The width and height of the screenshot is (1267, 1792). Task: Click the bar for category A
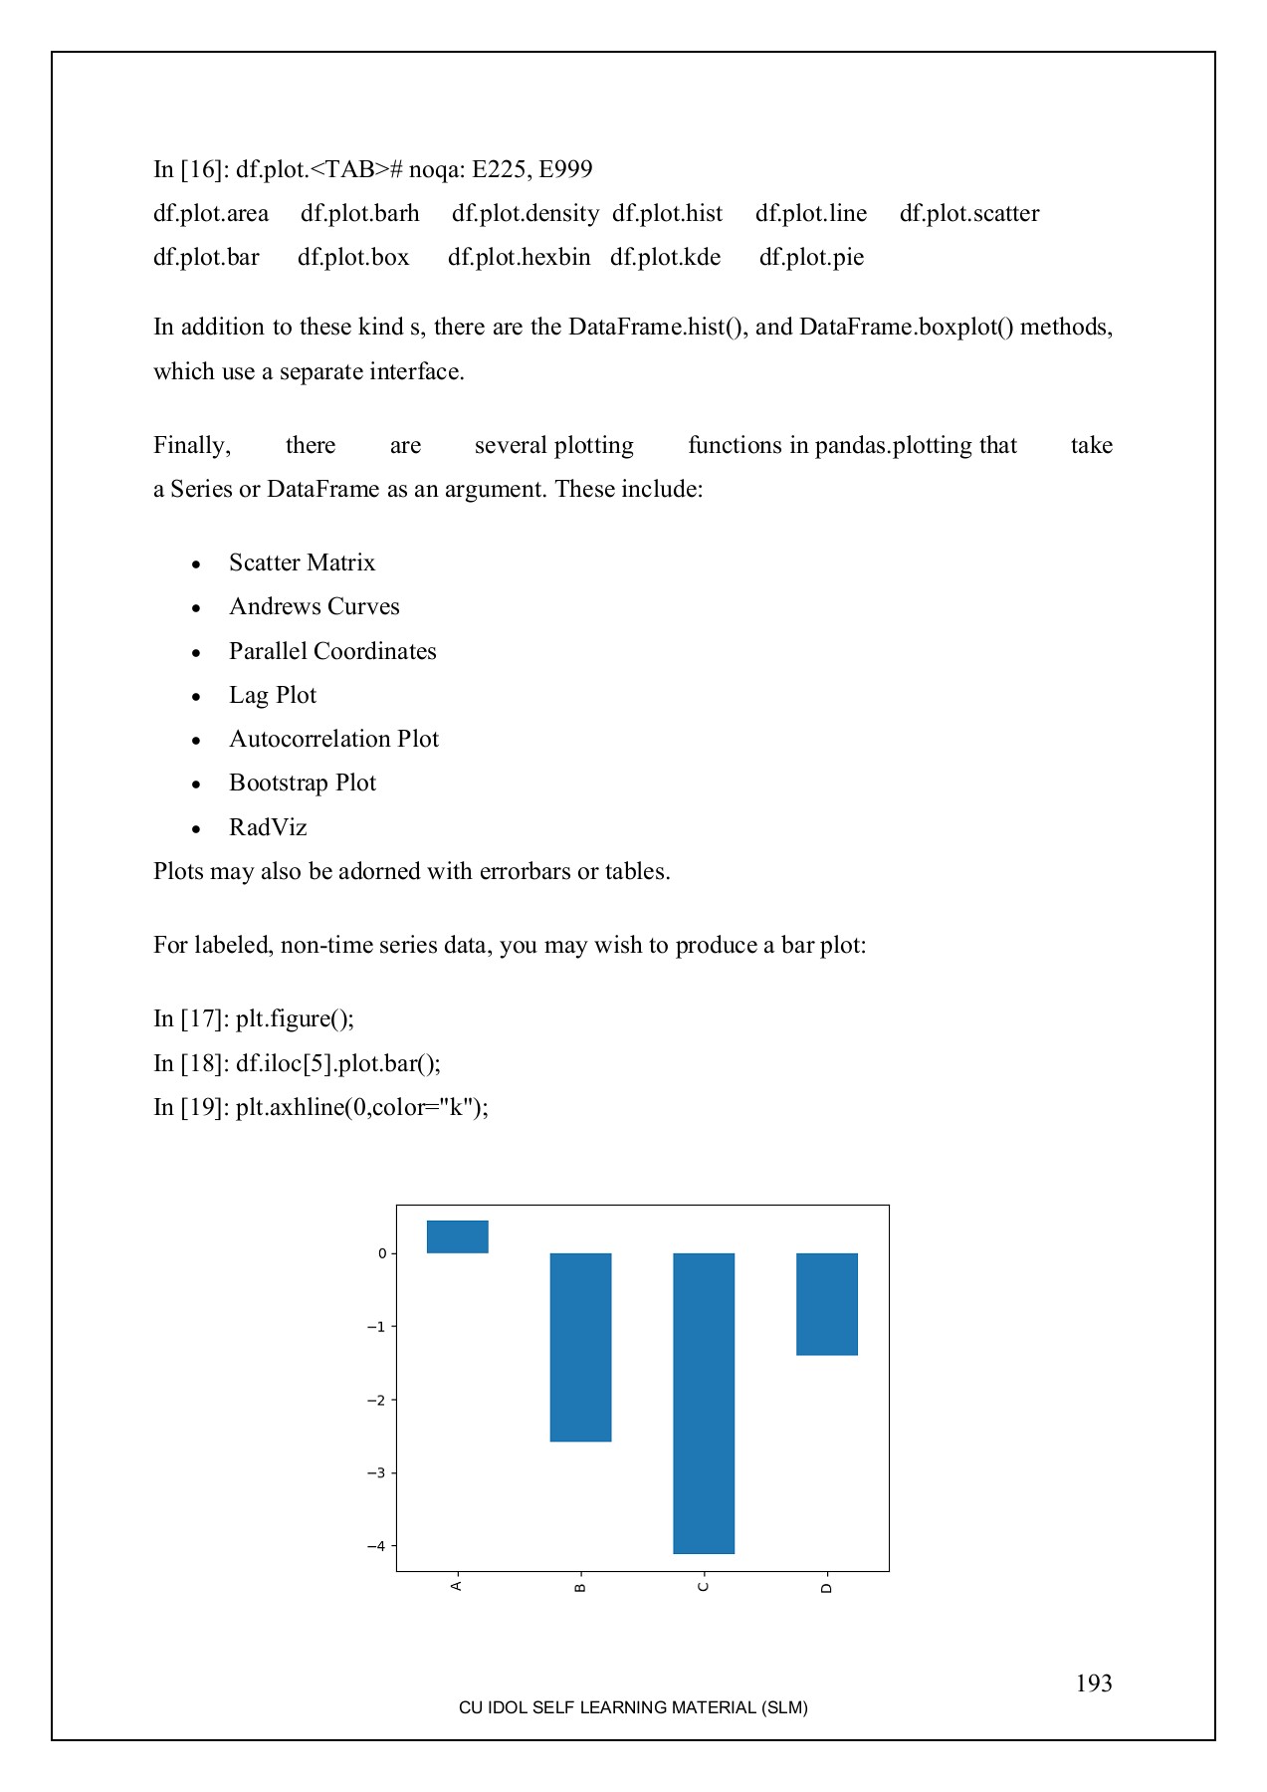(458, 1236)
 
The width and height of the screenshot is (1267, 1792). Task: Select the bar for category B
(580, 1346)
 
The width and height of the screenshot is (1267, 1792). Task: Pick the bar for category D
(827, 1303)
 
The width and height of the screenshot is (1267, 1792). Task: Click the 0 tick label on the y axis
(381, 1253)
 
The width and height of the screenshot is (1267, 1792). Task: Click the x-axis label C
(704, 1586)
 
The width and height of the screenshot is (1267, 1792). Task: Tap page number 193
(1093, 1683)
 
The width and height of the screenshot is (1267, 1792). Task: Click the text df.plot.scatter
(968, 213)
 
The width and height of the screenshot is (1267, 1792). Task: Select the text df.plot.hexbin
(519, 257)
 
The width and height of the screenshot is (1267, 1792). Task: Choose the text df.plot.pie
(811, 257)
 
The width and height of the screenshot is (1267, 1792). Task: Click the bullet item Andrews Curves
(314, 606)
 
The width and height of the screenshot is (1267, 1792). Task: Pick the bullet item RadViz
(268, 827)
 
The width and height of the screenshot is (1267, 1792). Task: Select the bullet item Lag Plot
(272, 695)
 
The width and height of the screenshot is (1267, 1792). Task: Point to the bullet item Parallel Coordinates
(332, 651)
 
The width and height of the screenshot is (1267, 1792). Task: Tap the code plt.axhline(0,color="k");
(361, 1107)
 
